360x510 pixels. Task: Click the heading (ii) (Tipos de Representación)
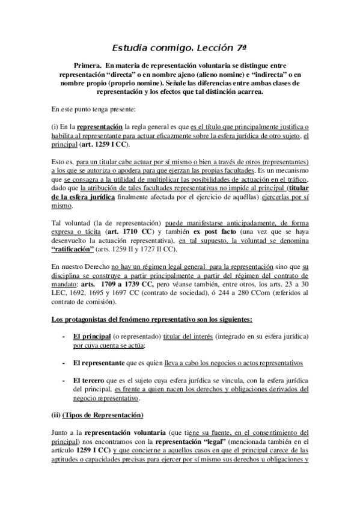(97, 414)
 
